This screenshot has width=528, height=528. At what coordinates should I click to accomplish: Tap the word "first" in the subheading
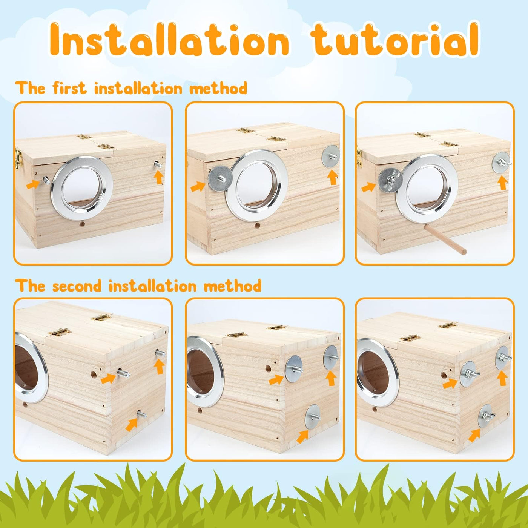70,88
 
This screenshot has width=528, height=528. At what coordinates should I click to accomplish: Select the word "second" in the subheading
77,286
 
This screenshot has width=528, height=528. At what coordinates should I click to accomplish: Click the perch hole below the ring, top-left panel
82,224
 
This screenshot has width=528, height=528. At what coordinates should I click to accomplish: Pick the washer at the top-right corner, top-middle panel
331,157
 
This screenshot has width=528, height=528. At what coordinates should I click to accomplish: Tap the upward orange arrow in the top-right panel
503,183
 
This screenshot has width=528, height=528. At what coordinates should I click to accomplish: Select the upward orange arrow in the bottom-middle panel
331,379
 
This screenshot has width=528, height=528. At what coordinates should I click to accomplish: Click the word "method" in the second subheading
232,286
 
